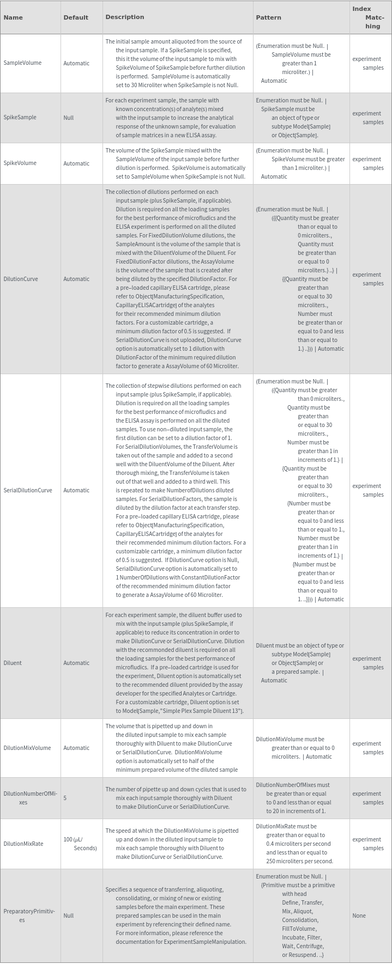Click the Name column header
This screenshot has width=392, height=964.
[13, 17]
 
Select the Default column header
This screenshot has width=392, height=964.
[76, 17]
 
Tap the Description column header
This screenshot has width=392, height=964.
[125, 17]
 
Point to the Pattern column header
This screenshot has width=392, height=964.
[269, 17]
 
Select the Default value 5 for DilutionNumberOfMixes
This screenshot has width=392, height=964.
[65, 798]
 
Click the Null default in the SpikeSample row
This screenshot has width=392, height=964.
[69, 118]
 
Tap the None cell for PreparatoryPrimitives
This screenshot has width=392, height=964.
[359, 916]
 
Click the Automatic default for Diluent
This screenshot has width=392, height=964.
[76, 663]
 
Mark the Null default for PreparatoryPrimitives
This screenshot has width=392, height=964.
[69, 916]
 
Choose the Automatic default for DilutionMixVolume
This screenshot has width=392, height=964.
[76, 748]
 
